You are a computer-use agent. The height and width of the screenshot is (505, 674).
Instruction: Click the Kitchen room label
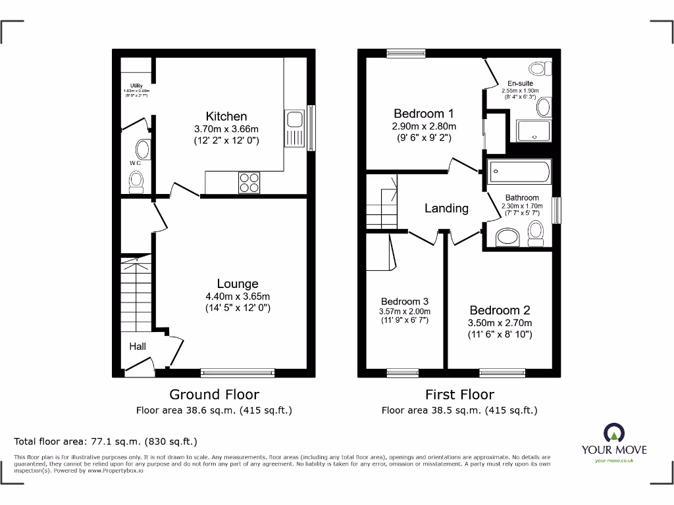click(226, 116)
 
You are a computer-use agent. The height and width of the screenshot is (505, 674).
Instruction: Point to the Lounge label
click(238, 283)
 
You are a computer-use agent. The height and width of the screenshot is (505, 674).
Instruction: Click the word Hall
click(138, 347)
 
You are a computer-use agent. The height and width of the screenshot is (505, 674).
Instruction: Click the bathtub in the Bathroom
click(519, 173)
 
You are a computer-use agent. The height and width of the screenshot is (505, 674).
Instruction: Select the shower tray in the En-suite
click(534, 131)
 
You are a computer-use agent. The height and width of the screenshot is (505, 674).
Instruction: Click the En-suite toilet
click(538, 68)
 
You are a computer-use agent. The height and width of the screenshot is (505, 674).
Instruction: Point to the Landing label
click(446, 208)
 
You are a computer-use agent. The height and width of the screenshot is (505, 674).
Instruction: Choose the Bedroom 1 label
click(424, 113)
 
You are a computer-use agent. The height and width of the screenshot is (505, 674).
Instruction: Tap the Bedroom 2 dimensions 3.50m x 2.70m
click(500, 323)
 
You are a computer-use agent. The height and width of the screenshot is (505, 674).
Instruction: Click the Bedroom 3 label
click(404, 301)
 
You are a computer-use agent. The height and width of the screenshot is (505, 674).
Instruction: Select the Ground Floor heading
click(214, 395)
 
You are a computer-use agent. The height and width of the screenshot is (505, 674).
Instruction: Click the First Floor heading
click(459, 395)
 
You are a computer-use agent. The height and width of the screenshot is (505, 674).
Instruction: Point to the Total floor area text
click(105, 441)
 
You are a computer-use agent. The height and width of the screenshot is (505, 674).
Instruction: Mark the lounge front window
click(238, 373)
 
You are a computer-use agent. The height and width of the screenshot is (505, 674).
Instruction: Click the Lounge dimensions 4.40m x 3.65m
click(238, 296)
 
